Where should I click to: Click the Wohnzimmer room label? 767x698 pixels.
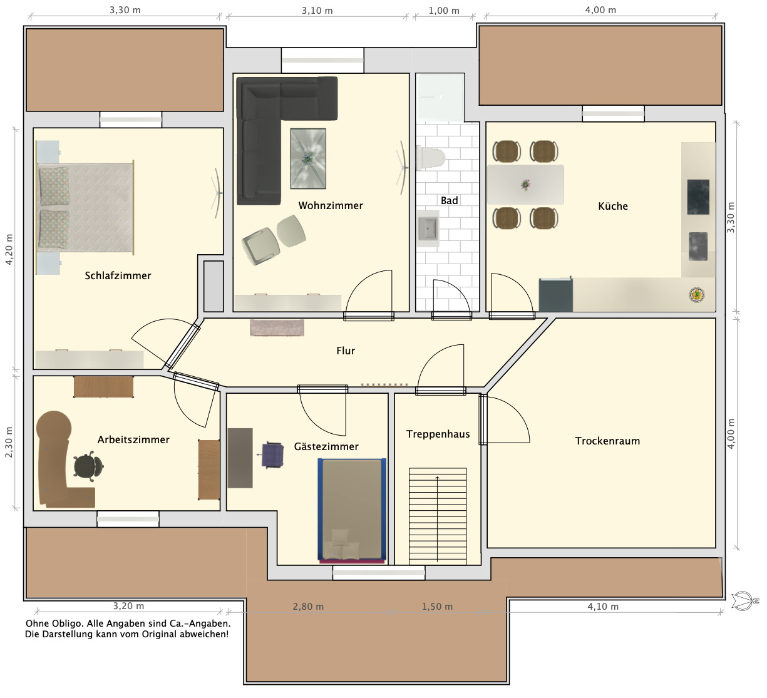click(331, 205)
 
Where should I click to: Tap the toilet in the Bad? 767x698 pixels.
click(431, 158)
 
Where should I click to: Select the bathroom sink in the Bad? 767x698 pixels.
click(428, 228)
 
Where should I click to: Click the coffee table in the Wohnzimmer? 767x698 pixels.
click(308, 158)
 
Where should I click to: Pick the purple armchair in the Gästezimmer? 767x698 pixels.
click(272, 454)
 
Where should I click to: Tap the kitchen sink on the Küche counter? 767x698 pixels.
click(698, 247)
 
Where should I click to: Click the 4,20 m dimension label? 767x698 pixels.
click(9, 249)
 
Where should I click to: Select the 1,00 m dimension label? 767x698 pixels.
click(444, 11)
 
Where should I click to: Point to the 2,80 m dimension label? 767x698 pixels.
click(308, 607)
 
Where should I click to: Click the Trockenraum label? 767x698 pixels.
click(607, 441)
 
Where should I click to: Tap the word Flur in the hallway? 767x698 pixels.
click(346, 351)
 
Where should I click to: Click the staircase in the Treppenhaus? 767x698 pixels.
click(438, 516)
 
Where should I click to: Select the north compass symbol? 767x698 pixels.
click(744, 601)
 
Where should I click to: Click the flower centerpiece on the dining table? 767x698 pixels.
click(526, 185)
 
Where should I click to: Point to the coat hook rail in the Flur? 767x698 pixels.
click(384, 385)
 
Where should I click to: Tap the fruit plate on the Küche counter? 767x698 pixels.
click(697, 295)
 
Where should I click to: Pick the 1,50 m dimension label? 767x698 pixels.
click(437, 607)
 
